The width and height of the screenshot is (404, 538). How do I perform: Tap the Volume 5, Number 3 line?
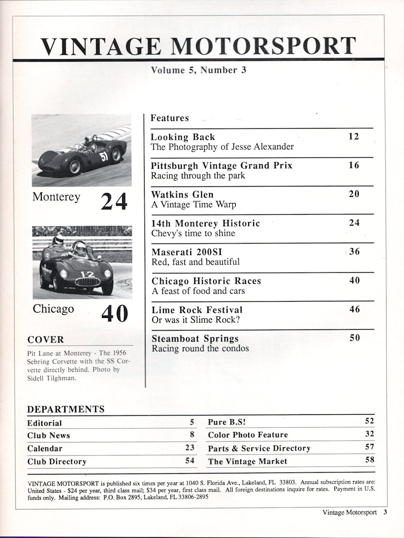(x=199, y=70)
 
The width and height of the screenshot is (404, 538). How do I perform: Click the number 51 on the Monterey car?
(x=104, y=156)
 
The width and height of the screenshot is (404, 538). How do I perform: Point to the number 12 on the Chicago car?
(x=87, y=274)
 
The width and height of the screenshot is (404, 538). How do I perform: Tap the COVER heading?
(x=46, y=339)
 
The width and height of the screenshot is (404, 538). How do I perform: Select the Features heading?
(x=170, y=118)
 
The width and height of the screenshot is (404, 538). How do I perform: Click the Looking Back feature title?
(x=183, y=137)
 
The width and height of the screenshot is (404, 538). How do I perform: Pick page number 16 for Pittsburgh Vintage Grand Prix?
(x=354, y=165)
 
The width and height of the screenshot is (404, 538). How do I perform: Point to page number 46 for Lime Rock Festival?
(x=354, y=309)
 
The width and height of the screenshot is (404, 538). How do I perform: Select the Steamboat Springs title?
(x=195, y=338)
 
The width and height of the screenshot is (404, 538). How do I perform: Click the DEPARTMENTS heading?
(x=66, y=409)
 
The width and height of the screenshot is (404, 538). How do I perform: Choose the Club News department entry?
(x=48, y=435)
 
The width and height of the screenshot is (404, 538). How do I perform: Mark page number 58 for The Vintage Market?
(x=369, y=460)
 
